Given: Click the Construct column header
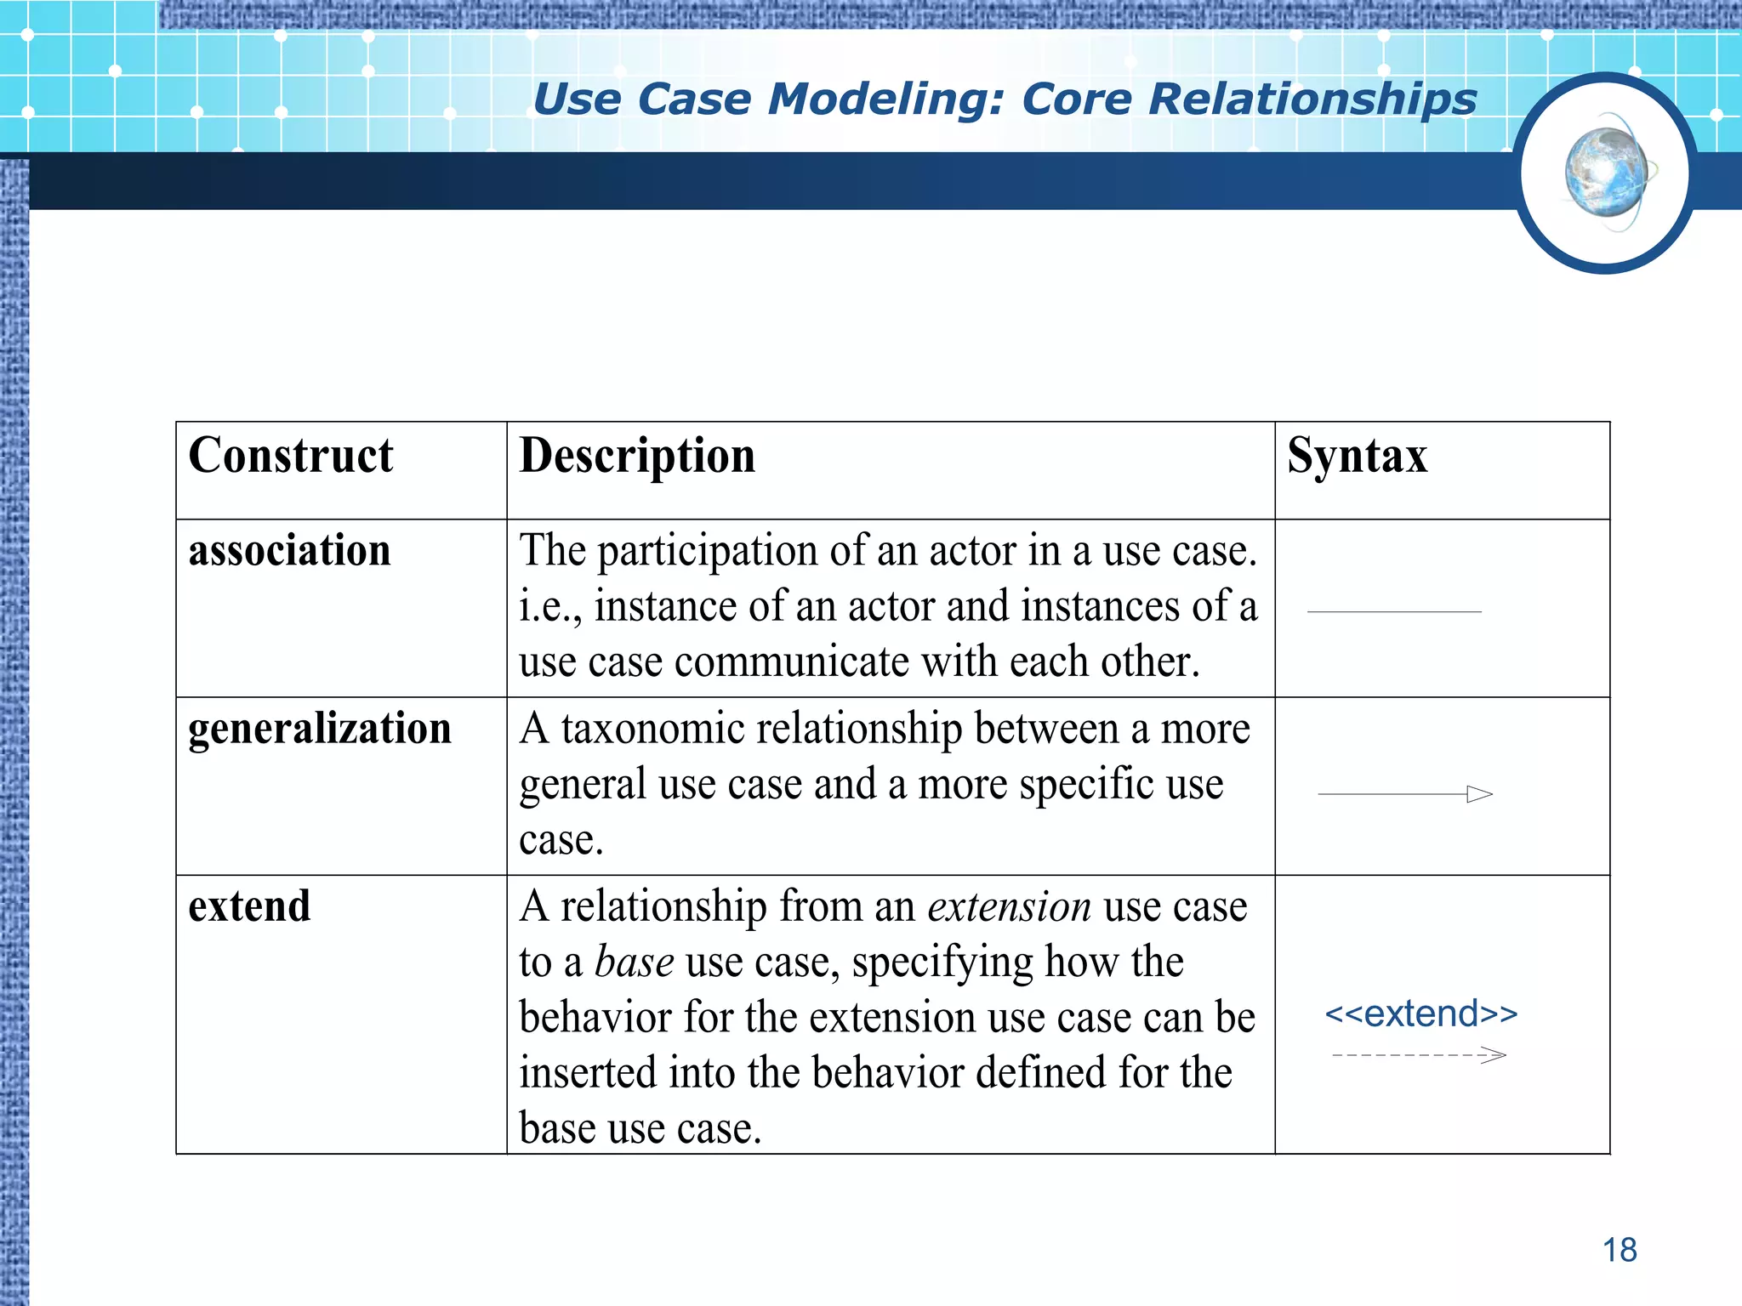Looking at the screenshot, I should coord(291,457).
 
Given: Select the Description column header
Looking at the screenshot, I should coord(637,457).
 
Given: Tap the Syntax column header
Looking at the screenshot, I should coord(1357,457).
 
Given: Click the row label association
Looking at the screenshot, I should coord(289,551).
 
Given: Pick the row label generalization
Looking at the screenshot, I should coord(320,730).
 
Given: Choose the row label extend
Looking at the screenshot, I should coord(249,906).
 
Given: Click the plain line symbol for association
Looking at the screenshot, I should coord(1394,611).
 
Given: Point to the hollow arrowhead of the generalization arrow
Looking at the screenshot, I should coord(1480,794).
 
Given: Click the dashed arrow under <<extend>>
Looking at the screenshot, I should coord(1418,1056).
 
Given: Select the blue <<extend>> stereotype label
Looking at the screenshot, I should coord(1420,1014).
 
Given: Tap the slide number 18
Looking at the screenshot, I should coord(1620,1250).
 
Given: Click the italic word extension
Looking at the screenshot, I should coord(1009,906).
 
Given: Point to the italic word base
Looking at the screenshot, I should coord(634,962).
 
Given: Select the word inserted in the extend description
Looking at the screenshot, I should coord(588,1073).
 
